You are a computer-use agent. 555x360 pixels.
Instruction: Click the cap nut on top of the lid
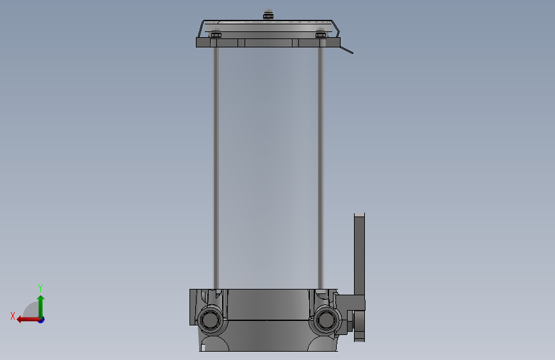point(268,14)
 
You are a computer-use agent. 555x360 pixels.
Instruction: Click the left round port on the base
point(210,320)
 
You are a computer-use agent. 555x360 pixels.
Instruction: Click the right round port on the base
point(326,320)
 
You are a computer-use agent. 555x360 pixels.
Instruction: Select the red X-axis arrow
point(28,320)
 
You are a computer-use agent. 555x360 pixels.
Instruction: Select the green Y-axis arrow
point(41,307)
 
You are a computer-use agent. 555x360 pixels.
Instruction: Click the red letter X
point(13,316)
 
